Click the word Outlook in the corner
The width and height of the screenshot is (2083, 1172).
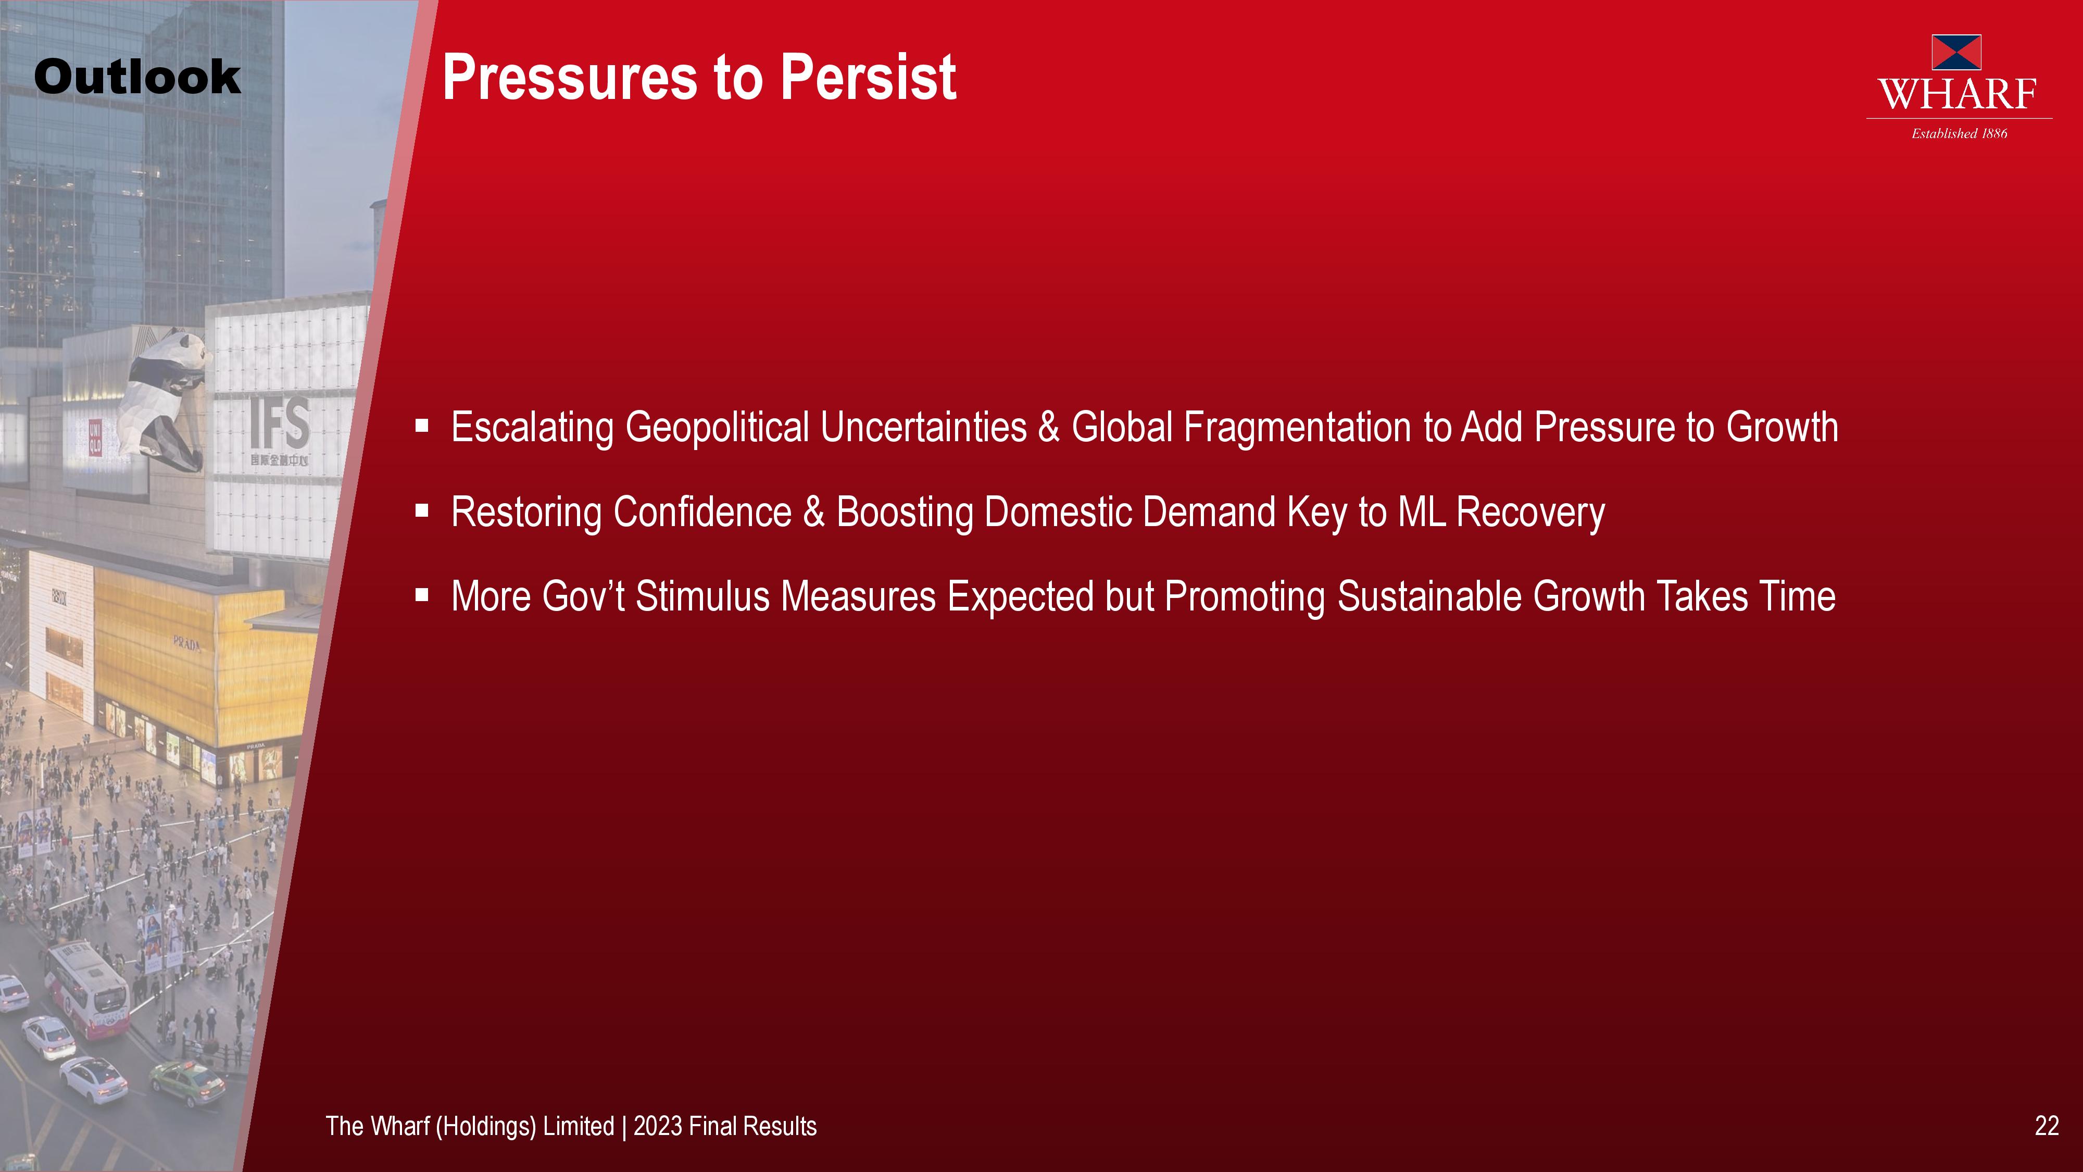(x=137, y=77)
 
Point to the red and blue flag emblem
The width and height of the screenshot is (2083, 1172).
(x=1956, y=52)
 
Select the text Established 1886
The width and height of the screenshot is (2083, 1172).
(x=1959, y=133)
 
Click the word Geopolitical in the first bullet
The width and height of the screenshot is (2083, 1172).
(x=717, y=428)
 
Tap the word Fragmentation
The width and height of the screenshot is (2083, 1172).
(x=1298, y=427)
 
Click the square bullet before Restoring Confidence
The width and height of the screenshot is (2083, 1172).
(x=421, y=510)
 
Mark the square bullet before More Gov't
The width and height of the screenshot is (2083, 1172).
(x=421, y=595)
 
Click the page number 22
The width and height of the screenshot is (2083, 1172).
(x=2047, y=1126)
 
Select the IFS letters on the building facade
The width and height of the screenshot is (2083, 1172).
(x=280, y=422)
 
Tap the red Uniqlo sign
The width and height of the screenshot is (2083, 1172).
(x=95, y=438)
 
